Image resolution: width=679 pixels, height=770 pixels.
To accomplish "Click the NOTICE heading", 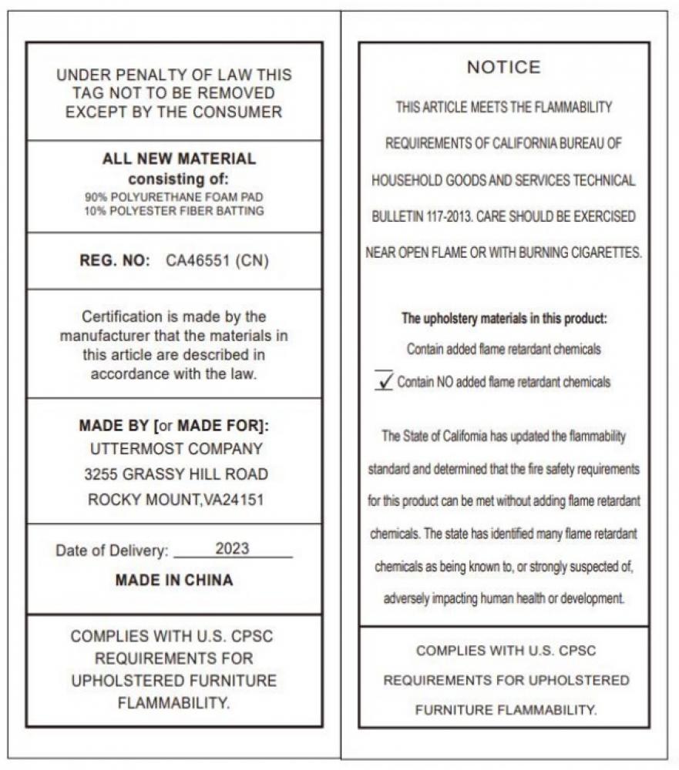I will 504,68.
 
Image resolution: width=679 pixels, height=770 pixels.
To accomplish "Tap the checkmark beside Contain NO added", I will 384,380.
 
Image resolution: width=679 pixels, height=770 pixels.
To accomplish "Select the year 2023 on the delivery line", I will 232,549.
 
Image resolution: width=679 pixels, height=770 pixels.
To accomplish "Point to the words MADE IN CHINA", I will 173,580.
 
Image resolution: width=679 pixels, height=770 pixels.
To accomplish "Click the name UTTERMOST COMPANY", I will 176,448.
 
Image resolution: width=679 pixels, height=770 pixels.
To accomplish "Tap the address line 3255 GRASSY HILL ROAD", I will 176,474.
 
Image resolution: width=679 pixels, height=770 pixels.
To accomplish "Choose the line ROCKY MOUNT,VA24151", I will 176,500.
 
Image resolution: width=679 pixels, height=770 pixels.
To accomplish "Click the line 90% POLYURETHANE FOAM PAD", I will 174,197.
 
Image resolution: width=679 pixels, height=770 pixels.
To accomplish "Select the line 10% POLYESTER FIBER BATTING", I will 174,211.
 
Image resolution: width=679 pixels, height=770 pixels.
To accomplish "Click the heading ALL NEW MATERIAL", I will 179,159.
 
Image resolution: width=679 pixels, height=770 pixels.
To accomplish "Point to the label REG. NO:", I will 115,260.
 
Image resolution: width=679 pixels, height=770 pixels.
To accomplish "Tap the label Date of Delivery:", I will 112,551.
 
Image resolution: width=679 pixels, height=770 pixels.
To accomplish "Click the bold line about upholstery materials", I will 504,318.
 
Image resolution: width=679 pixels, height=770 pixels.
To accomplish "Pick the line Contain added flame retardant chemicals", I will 504,349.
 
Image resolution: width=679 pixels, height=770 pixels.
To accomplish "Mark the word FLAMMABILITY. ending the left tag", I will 173,702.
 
